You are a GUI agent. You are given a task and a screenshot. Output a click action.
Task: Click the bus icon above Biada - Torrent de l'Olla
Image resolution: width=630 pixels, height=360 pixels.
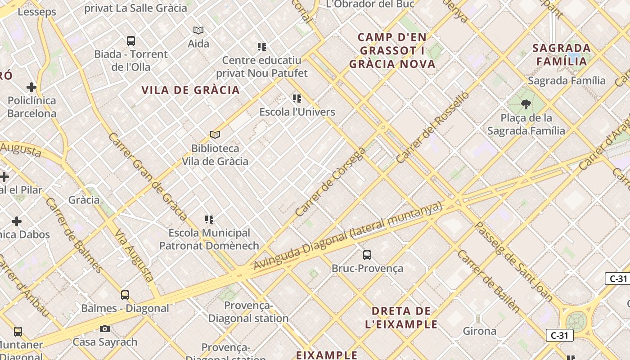(131, 41)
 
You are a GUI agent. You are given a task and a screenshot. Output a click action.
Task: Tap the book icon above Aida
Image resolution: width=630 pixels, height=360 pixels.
(198, 30)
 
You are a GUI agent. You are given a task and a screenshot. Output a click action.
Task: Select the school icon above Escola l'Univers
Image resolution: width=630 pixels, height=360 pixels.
(297, 98)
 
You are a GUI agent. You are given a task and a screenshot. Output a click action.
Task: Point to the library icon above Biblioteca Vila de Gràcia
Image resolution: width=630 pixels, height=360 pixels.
(215, 135)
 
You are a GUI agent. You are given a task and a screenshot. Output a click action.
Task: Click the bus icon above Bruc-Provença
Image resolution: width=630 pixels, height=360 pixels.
(367, 255)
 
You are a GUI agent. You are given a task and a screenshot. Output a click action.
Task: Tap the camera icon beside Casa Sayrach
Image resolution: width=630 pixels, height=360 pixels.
(105, 329)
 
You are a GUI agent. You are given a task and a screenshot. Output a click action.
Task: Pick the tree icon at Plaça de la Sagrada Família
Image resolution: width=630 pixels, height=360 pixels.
(526, 105)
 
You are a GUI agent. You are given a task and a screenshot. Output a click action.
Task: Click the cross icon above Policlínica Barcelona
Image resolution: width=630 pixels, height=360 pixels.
(31, 87)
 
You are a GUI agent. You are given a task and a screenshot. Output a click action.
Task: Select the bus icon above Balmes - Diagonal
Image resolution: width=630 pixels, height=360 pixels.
(125, 295)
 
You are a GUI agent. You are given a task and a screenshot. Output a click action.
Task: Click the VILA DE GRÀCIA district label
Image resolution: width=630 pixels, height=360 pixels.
(190, 90)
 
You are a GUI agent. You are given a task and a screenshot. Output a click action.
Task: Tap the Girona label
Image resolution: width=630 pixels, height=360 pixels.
(480, 332)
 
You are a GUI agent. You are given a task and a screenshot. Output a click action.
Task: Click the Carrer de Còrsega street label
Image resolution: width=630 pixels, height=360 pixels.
(331, 182)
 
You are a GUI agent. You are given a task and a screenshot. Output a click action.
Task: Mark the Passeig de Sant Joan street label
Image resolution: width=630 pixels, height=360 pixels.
(514, 261)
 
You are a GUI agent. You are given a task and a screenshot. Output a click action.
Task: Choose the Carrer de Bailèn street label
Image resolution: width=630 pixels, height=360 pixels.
(488, 281)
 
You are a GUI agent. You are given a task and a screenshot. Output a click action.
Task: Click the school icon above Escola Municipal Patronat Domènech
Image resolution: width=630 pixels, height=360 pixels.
(209, 220)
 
